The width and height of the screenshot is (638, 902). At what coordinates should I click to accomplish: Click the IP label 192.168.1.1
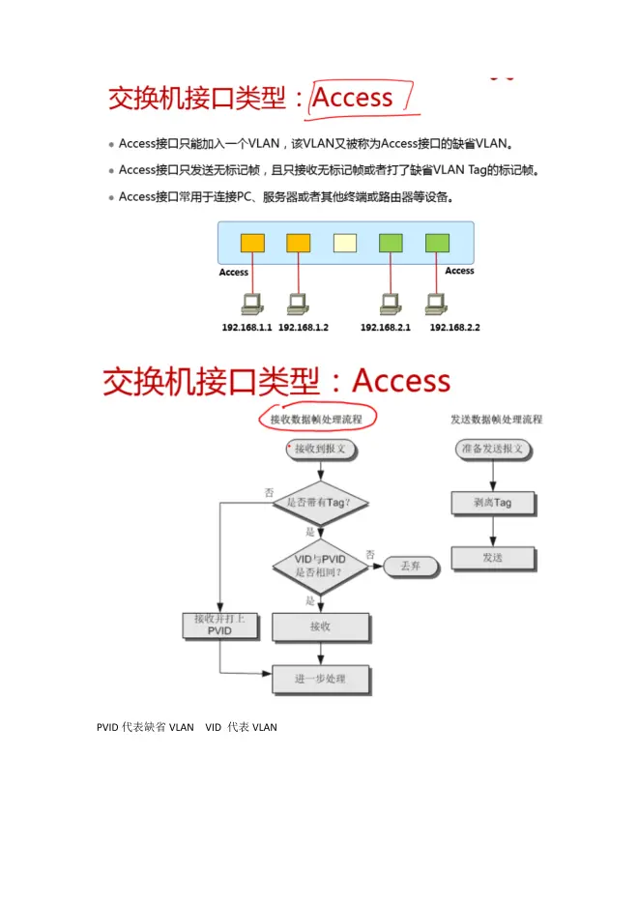(247, 328)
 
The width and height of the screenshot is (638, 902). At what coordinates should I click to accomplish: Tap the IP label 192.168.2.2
(454, 328)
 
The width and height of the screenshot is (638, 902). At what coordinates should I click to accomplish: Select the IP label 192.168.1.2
(304, 328)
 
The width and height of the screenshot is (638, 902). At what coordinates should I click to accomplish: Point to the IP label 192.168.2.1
(386, 328)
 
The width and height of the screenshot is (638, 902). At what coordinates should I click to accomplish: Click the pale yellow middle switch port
(345, 243)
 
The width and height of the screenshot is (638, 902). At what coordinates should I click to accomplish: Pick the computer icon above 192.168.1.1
(252, 305)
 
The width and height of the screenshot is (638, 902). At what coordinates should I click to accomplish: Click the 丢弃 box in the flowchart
(410, 566)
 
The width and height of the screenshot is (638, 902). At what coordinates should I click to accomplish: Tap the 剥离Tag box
(493, 504)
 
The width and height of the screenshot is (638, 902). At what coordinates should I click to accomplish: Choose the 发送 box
(493, 558)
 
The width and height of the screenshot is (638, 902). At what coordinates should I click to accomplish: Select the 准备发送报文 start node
(493, 450)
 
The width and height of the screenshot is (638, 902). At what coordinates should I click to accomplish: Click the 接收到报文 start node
(320, 450)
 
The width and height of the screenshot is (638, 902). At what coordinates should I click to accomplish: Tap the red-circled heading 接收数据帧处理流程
(316, 420)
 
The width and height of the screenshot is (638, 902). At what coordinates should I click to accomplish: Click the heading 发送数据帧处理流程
(496, 420)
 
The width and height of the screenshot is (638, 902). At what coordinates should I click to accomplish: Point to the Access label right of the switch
(459, 271)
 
